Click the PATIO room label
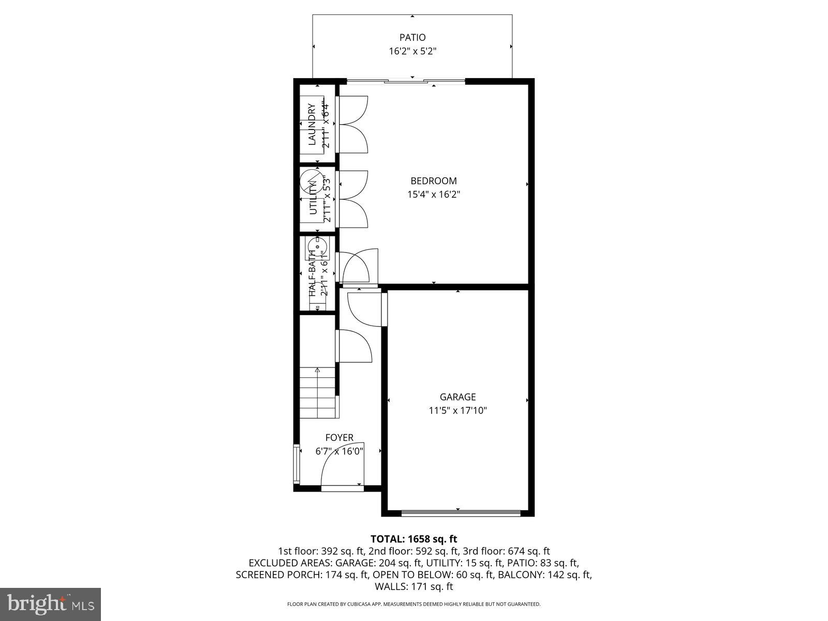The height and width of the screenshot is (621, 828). click(412, 37)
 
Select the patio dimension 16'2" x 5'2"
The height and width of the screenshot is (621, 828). click(412, 51)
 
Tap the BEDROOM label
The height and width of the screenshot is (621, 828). click(433, 181)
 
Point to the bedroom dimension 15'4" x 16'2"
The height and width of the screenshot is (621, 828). click(433, 195)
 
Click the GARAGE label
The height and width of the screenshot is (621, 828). click(457, 397)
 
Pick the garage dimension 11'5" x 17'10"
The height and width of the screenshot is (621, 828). click(457, 410)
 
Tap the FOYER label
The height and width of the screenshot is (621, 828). click(339, 438)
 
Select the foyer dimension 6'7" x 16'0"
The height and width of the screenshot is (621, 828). click(339, 451)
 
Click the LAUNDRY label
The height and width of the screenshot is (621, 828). click(312, 125)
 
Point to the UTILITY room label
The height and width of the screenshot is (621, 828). click(313, 199)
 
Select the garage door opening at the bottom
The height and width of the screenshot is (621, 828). click(461, 513)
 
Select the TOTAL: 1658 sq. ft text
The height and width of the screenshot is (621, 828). click(413, 539)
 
